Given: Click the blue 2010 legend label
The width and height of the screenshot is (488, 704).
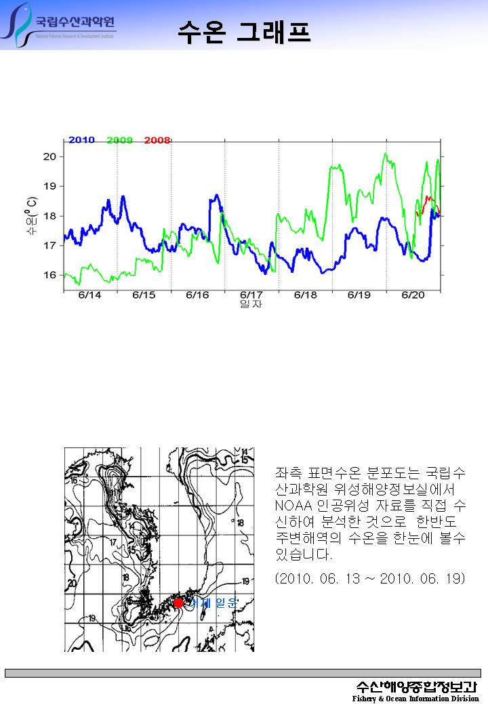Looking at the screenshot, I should [x=81, y=140].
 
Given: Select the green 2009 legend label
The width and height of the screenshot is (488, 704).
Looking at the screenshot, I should [x=120, y=140].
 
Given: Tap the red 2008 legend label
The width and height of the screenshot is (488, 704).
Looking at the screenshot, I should [x=157, y=140].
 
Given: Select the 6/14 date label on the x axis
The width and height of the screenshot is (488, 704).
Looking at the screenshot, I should [x=90, y=295].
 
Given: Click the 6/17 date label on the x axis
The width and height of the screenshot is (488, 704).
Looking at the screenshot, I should [x=251, y=295].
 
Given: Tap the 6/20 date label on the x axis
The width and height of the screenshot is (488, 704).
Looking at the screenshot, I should [x=413, y=295].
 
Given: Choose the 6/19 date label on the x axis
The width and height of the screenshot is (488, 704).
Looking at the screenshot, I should [x=359, y=295].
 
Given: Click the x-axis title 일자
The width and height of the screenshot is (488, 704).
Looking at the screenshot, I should [x=251, y=305].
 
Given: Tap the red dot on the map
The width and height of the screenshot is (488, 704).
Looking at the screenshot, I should [x=178, y=602].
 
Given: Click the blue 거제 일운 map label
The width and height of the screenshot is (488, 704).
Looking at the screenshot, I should [x=213, y=602].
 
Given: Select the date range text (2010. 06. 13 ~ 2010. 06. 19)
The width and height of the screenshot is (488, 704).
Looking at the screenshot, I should [x=370, y=579].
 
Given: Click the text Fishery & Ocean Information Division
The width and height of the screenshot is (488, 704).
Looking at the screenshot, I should [x=415, y=699].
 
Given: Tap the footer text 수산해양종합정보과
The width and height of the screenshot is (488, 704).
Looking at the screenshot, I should [x=418, y=685].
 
